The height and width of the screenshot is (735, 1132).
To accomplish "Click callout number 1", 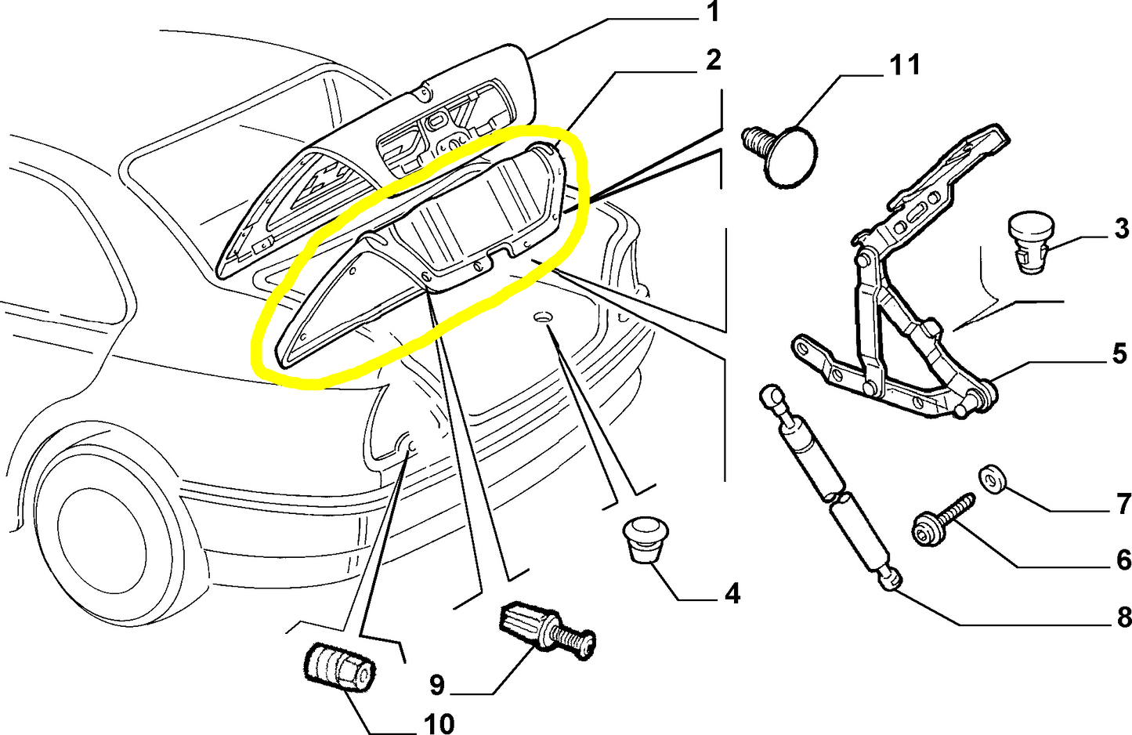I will (712, 13).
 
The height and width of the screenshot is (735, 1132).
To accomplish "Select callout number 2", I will (712, 60).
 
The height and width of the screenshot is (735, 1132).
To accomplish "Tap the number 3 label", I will (1121, 229).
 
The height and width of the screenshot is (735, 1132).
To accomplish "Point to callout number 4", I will (732, 594).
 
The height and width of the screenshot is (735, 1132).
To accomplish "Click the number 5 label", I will (1119, 353).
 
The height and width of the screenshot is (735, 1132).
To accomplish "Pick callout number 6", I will (1123, 559).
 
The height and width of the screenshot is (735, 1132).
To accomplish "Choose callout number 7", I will (1123, 503).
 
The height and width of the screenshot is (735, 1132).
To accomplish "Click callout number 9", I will (436, 685).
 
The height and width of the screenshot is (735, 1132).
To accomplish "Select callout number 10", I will (439, 723).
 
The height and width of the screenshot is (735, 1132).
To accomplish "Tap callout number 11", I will (905, 65).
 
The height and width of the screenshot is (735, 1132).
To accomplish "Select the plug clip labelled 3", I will (1029, 241).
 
